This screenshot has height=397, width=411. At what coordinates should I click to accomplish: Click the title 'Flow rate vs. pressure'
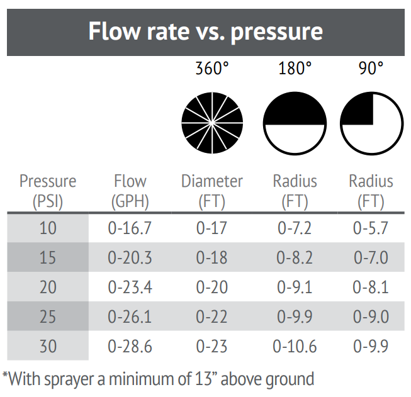click(205, 31)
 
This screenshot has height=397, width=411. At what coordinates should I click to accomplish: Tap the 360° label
click(212, 69)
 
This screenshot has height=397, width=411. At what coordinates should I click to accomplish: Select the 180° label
click(295, 69)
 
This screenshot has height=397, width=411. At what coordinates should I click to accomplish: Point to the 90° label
click(371, 69)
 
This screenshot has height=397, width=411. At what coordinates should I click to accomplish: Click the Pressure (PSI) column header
click(48, 191)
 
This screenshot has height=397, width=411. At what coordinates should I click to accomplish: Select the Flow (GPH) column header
click(130, 191)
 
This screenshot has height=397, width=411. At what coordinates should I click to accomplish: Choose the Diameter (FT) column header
click(212, 191)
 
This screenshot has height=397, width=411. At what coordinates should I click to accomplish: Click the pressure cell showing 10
click(48, 228)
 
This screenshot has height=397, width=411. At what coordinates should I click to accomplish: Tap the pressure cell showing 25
click(48, 316)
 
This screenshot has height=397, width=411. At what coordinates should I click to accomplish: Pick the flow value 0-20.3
click(130, 257)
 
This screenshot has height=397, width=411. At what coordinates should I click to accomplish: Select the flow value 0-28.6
click(130, 346)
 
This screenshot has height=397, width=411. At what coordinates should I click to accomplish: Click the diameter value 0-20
click(212, 287)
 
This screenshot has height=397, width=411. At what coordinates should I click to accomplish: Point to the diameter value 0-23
click(212, 346)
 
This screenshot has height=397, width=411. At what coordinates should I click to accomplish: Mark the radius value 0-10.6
click(295, 346)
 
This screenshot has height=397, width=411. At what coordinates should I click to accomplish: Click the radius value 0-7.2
click(295, 228)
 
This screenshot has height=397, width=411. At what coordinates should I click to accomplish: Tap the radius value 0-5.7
click(371, 228)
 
